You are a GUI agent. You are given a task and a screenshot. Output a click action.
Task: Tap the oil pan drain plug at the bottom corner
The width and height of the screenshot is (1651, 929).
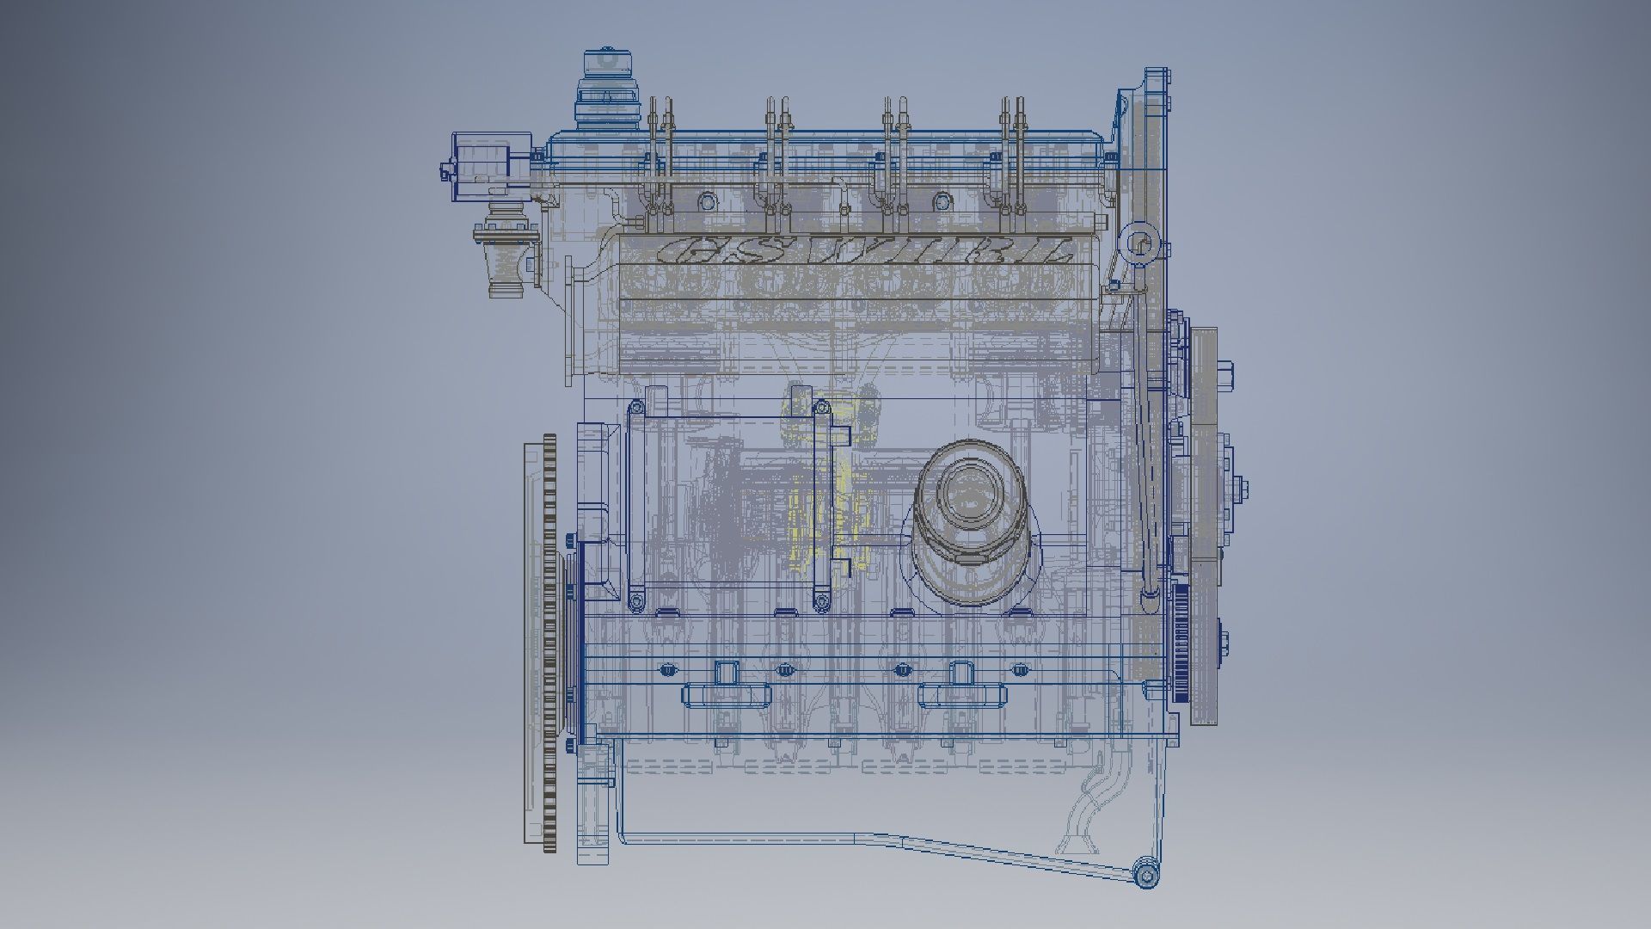click(x=1147, y=876)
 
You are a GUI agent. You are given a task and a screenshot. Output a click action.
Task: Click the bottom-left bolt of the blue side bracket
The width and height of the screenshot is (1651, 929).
click(x=636, y=600)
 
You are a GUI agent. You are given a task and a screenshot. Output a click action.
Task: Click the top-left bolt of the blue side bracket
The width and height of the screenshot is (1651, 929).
click(x=636, y=406)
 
